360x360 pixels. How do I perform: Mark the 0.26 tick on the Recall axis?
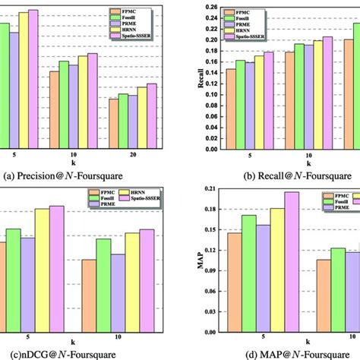click(210, 8)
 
